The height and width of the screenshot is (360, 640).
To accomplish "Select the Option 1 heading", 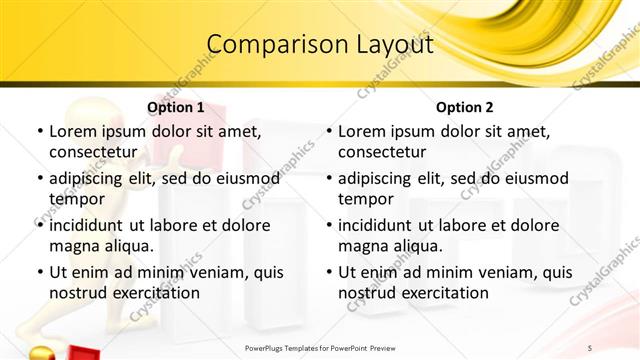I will coord(175,107).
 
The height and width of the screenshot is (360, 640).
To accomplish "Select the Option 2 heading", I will coord(464,107).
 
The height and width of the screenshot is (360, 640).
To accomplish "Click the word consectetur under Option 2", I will coord(382,152).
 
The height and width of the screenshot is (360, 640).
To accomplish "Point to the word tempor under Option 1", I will coord(73,198).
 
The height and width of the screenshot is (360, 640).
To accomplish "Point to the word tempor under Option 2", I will coord(362,198).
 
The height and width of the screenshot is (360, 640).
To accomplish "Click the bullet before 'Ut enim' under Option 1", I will coord(39,272).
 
